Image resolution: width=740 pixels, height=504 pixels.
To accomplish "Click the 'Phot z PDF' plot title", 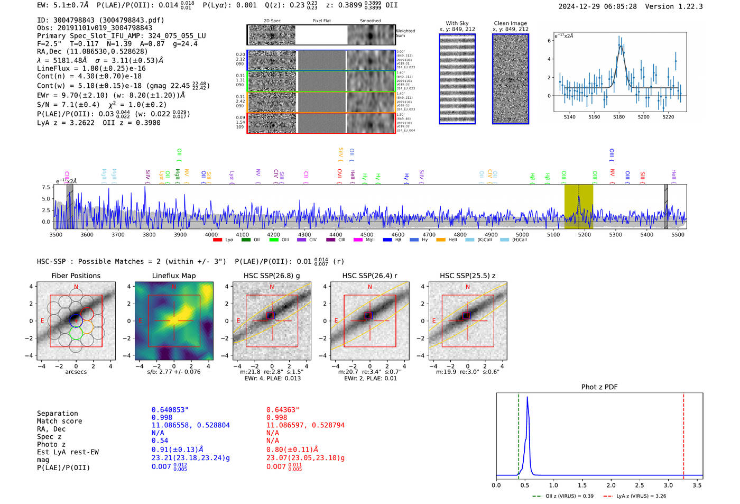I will point(599,387).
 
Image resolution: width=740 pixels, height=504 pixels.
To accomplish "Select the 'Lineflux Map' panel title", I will point(174,276).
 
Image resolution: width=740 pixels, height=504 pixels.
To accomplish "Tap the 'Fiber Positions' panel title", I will point(76,276).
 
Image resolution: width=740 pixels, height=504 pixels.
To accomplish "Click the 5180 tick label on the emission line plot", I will point(619,117).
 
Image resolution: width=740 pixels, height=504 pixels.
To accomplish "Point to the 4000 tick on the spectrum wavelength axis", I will point(211,234).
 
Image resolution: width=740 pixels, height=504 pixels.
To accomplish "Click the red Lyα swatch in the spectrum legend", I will point(217,240).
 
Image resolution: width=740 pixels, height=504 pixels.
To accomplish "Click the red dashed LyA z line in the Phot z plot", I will point(683,434).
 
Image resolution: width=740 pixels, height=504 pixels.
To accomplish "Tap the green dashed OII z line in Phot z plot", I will point(519,434).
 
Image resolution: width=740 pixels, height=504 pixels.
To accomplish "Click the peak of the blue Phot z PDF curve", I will point(528,398).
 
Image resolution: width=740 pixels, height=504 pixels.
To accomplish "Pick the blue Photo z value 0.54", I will point(160,441).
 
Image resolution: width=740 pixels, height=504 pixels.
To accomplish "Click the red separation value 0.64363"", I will point(283,410).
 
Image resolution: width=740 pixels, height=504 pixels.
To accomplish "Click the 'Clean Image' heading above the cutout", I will point(510,23).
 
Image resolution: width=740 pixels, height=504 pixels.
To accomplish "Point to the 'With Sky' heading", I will point(457,23).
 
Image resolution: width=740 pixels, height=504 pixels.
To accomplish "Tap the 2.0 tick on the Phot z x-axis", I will point(611,485).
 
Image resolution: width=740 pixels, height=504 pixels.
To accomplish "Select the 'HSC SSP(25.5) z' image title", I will point(467,276).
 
